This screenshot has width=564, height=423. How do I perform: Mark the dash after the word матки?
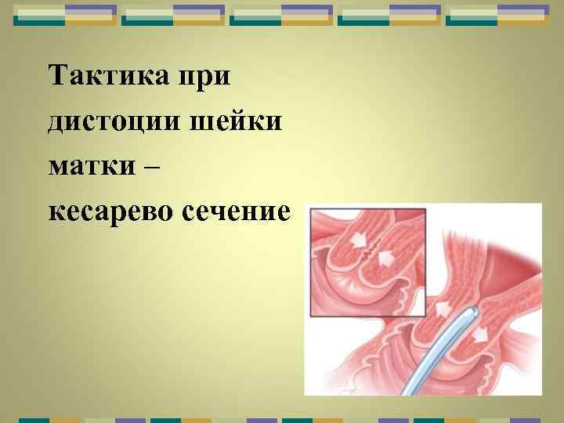tap(155, 167)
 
